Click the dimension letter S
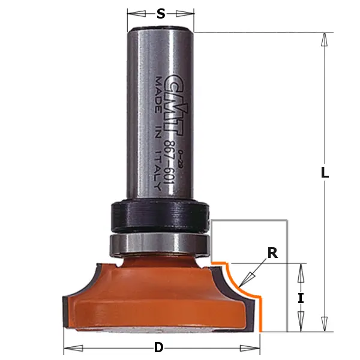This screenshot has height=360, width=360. [161, 14]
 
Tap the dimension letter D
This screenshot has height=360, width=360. [160, 347]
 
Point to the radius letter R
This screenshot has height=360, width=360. [272, 253]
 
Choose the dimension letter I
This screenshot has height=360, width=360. [301, 297]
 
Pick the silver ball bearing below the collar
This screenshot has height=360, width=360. [159, 245]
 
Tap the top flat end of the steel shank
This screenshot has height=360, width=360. [161, 30]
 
